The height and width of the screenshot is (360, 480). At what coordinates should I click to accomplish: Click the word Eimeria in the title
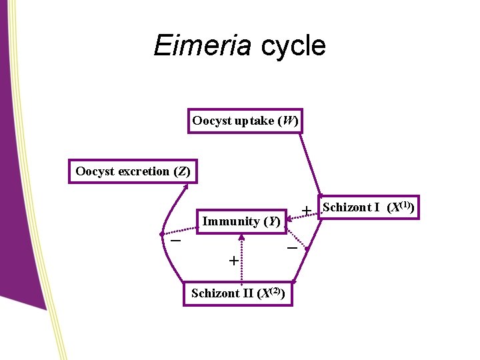click(x=202, y=46)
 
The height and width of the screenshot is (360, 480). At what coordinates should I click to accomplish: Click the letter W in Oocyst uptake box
click(x=287, y=121)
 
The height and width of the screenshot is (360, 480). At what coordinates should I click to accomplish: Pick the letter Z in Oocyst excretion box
click(x=181, y=171)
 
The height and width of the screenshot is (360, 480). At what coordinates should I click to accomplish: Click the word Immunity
click(x=231, y=221)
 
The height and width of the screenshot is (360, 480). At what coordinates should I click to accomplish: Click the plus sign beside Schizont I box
click(x=306, y=211)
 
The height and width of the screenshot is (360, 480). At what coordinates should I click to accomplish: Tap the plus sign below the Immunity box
click(x=233, y=261)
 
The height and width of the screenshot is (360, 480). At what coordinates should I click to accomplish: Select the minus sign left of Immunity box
click(x=175, y=239)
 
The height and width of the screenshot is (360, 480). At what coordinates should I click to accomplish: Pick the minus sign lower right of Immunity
click(x=291, y=248)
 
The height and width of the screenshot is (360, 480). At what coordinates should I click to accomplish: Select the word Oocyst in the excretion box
click(x=95, y=171)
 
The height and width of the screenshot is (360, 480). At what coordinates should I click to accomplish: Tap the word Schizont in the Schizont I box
click(x=346, y=207)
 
